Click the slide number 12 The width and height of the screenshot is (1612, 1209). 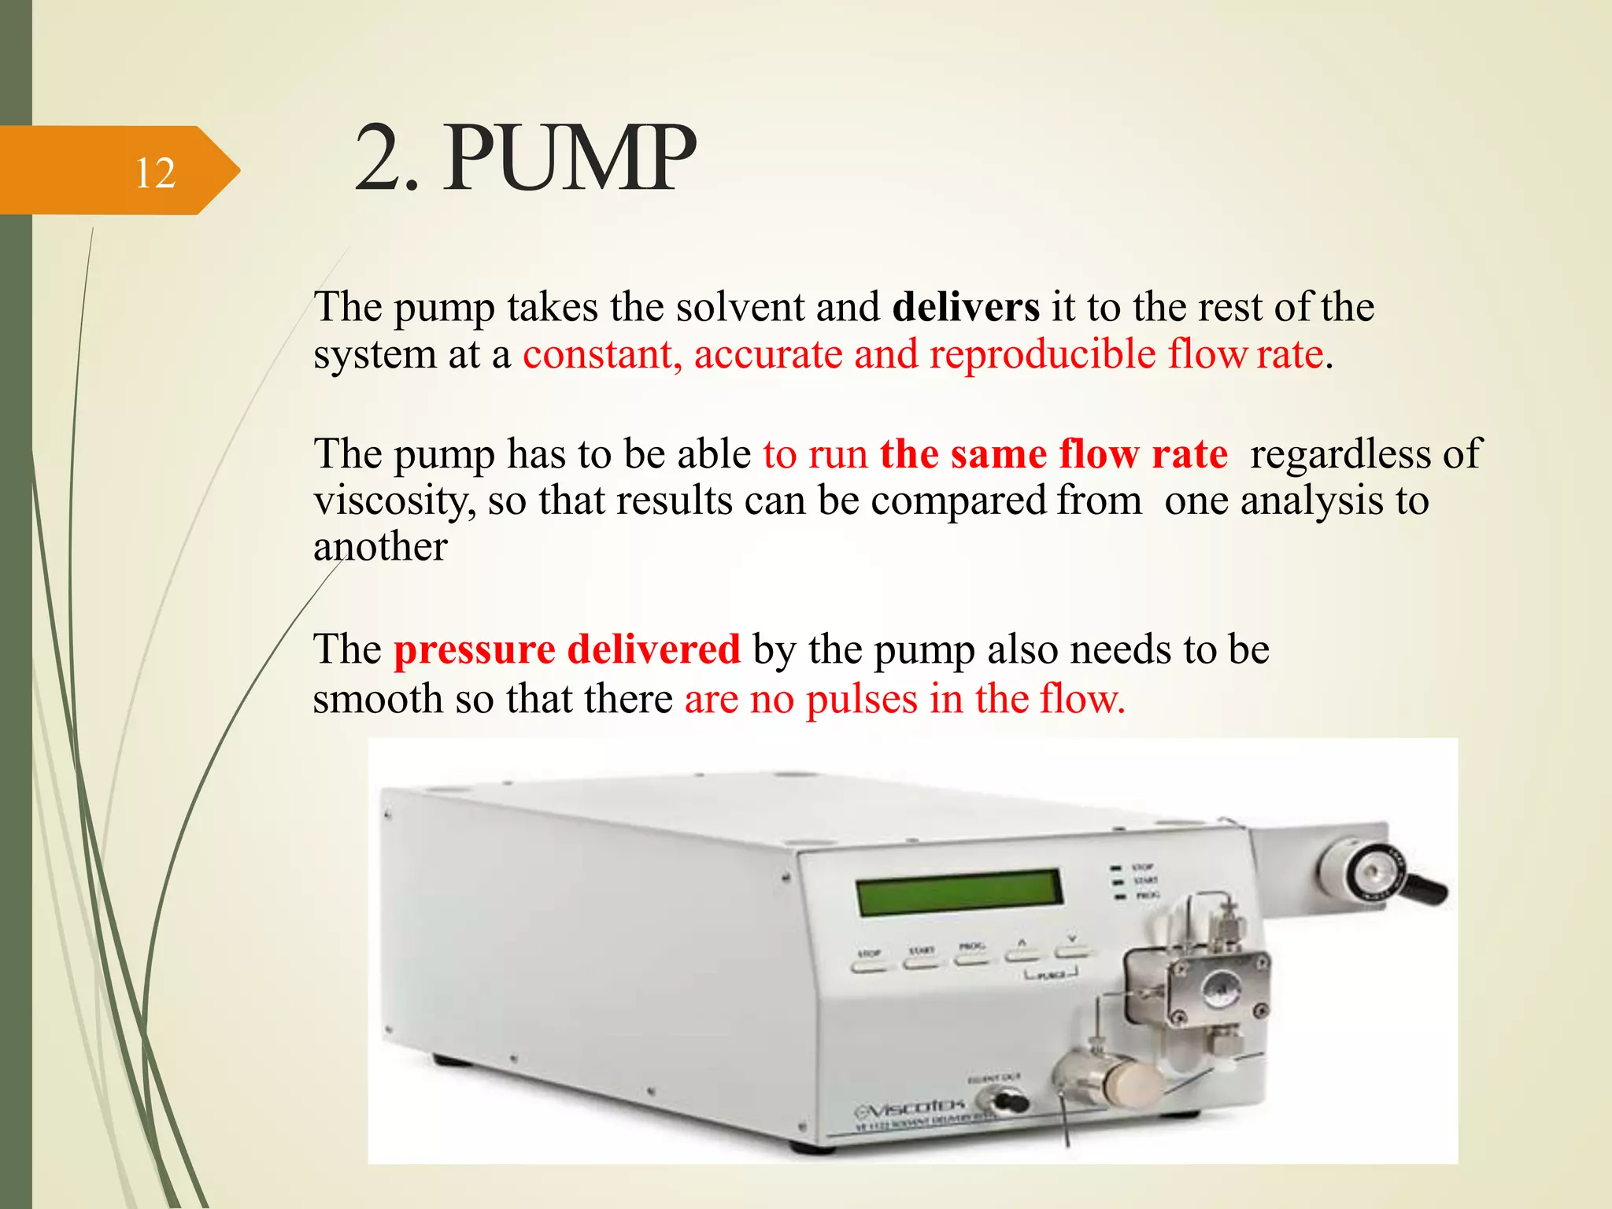point(155,172)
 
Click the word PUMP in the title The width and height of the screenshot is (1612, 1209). point(571,159)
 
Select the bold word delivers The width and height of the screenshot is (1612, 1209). point(966,306)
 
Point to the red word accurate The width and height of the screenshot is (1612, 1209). point(768,354)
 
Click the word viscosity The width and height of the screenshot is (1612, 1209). point(394,501)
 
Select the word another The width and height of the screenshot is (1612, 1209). point(380,546)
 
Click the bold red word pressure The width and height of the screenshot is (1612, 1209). point(475,650)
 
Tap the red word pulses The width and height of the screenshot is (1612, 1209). point(862,699)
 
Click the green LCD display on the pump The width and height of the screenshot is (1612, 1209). point(959,893)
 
